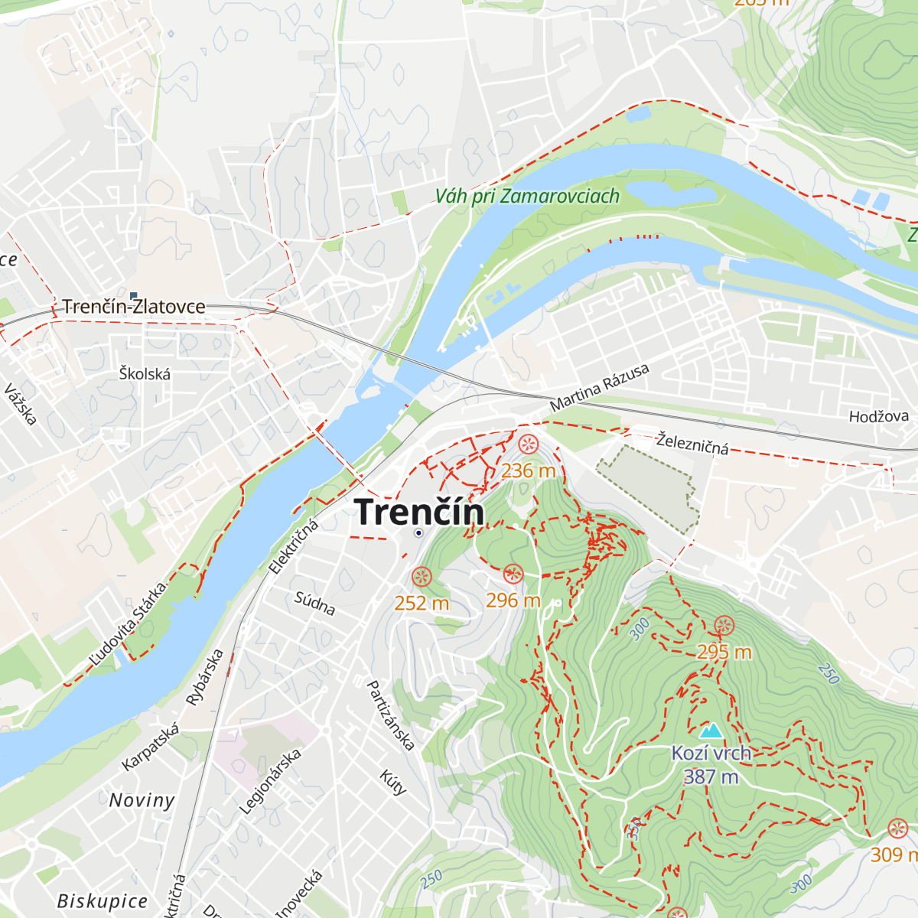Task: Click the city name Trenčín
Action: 420,512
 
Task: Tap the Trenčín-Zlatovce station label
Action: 134,307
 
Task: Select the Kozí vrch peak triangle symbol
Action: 711,731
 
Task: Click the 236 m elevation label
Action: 528,470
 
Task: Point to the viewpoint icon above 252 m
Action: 422,577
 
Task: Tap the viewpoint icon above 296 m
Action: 513,574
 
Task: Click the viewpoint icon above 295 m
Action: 724,627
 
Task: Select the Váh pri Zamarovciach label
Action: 527,197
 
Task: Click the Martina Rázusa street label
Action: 600,387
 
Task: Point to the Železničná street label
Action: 692,443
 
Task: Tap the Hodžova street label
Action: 879,416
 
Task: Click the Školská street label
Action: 145,373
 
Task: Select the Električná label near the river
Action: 293,546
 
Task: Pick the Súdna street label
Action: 315,603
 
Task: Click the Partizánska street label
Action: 391,715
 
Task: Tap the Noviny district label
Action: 142,800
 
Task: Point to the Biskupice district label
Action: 103,900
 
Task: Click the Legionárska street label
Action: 270,781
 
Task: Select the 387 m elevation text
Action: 711,777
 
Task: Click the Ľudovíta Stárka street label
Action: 128,624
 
